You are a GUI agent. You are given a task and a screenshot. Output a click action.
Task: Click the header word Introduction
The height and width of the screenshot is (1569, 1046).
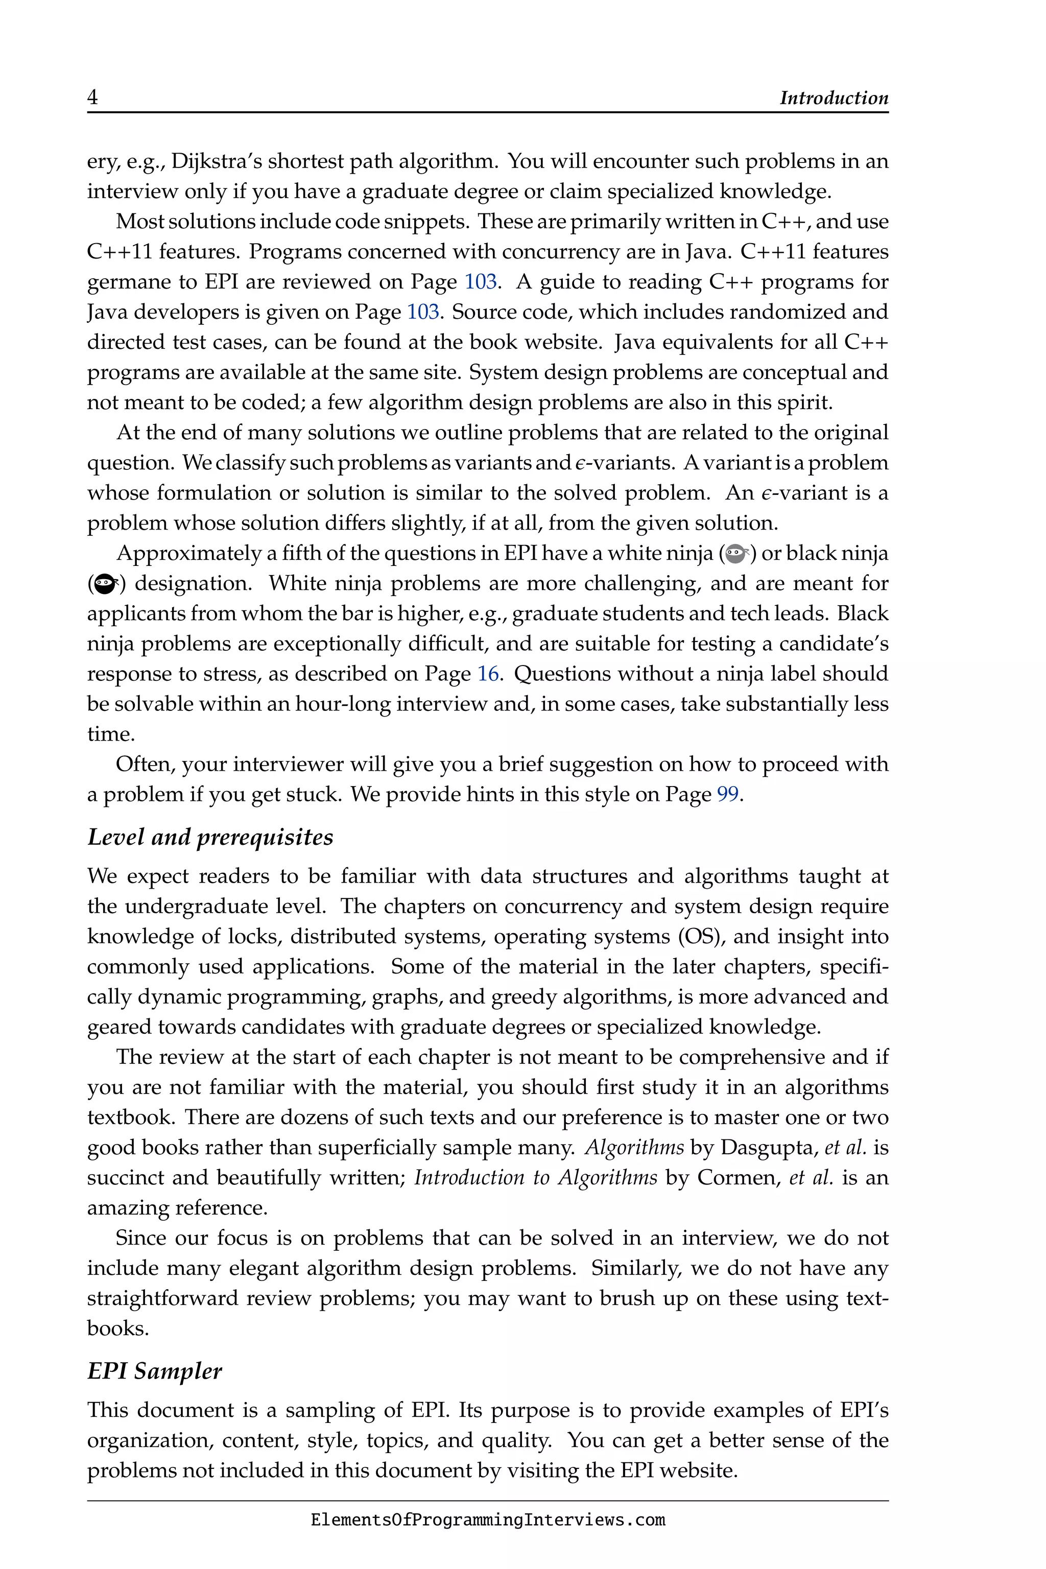[x=834, y=98]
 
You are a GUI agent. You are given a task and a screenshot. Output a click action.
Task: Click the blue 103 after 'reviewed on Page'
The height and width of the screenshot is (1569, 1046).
[x=480, y=281]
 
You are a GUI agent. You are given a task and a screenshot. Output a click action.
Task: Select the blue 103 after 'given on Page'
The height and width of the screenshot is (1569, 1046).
[x=423, y=312]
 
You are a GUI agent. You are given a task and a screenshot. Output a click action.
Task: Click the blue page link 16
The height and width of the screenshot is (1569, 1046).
[x=488, y=674]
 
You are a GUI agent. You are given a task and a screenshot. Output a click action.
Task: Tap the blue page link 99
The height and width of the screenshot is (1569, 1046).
[x=728, y=795]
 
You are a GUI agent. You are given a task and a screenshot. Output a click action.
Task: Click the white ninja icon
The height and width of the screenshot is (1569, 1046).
[x=736, y=553]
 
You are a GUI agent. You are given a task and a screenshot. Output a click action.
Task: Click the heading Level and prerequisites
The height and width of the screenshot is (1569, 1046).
[x=210, y=837]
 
